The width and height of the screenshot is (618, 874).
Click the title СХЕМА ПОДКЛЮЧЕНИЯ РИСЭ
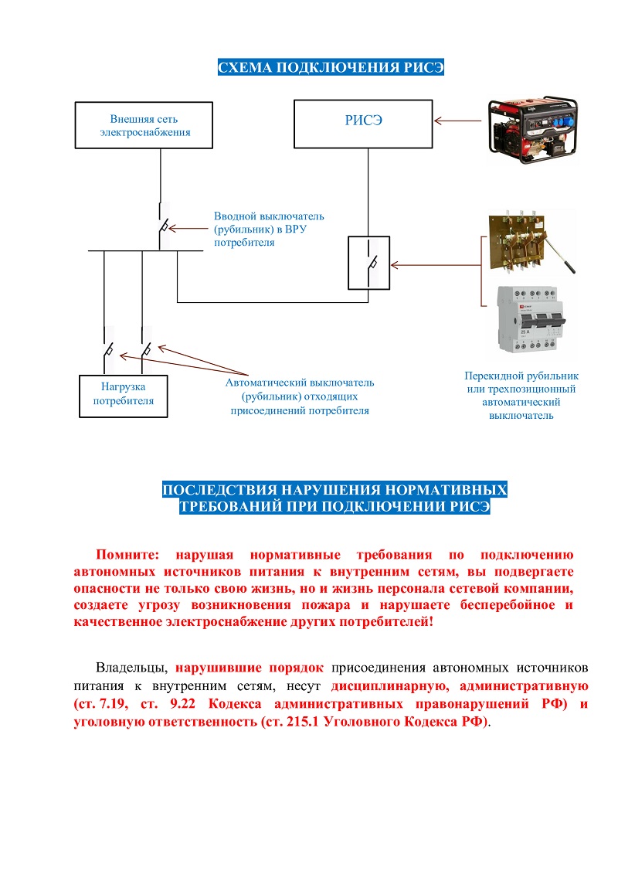331,67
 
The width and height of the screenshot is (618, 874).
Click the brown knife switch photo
531,241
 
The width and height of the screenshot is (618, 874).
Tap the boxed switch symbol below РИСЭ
369,263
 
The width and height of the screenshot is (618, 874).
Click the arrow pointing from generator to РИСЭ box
457,121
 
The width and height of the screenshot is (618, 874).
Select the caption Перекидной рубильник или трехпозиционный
521,383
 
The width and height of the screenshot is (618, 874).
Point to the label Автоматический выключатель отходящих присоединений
300,396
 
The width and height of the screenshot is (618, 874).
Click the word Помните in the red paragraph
127,555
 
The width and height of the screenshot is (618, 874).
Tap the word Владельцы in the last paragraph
131,668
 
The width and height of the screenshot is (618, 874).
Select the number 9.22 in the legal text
183,703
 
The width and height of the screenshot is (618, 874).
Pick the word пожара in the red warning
326,605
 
